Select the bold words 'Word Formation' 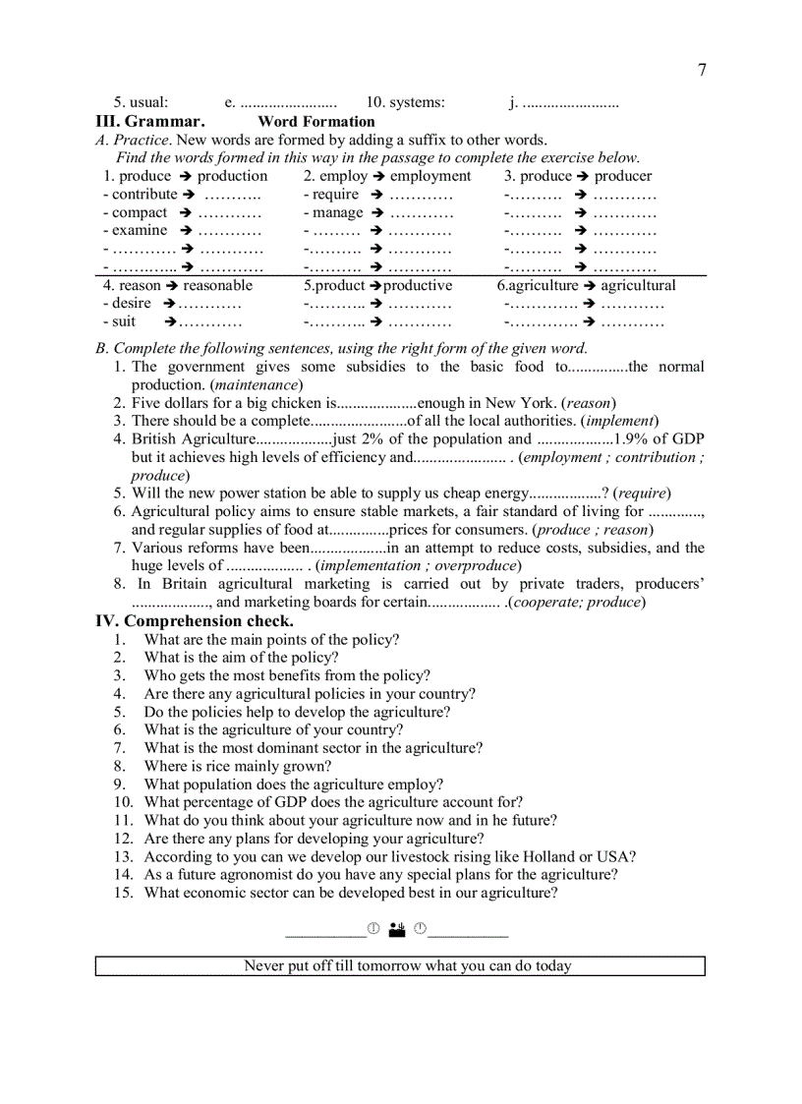(x=315, y=122)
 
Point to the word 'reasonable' (x=218, y=285)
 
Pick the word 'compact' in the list (x=140, y=212)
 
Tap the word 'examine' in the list (x=140, y=230)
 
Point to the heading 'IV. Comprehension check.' (x=194, y=621)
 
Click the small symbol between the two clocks (x=397, y=929)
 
